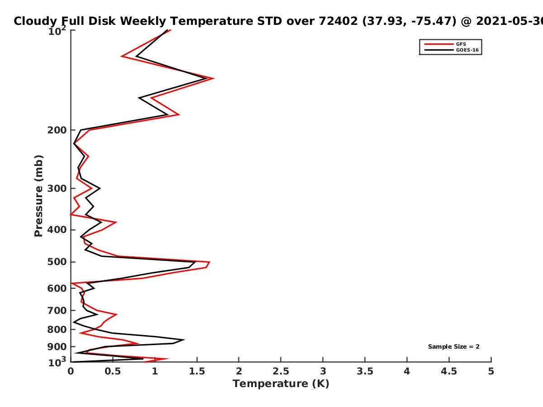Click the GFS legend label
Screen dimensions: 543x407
pyautogui.click(x=461, y=44)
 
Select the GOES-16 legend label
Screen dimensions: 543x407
pyautogui.click(x=467, y=50)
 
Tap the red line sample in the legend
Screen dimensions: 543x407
pyautogui.click(x=439, y=44)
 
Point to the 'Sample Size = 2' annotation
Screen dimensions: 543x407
pyautogui.click(x=454, y=347)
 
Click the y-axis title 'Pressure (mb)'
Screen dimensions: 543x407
pyautogui.click(x=38, y=196)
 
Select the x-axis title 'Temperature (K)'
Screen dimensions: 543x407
pyautogui.click(x=281, y=383)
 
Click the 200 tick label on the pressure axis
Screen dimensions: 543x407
pyautogui.click(x=57, y=130)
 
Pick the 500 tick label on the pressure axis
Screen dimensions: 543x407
pyautogui.click(x=57, y=262)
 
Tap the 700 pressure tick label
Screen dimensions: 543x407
pyautogui.click(x=57, y=310)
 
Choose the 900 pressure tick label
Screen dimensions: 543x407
pyautogui.click(x=57, y=347)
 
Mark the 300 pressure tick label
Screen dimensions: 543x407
pyautogui.click(x=57, y=188)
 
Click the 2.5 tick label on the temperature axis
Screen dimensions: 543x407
pyautogui.click(x=281, y=371)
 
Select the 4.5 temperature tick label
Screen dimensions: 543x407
pyautogui.click(x=449, y=371)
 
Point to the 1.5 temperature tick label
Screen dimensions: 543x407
pyautogui.click(x=197, y=371)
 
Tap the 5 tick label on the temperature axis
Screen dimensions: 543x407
pyautogui.click(x=491, y=371)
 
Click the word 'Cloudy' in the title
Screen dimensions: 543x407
pyautogui.click(x=35, y=21)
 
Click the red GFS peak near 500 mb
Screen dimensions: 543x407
pyautogui.click(x=210, y=262)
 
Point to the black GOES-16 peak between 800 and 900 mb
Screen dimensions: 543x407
pyautogui.click(x=184, y=340)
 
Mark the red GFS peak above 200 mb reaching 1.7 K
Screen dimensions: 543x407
pyautogui.click(x=214, y=79)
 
